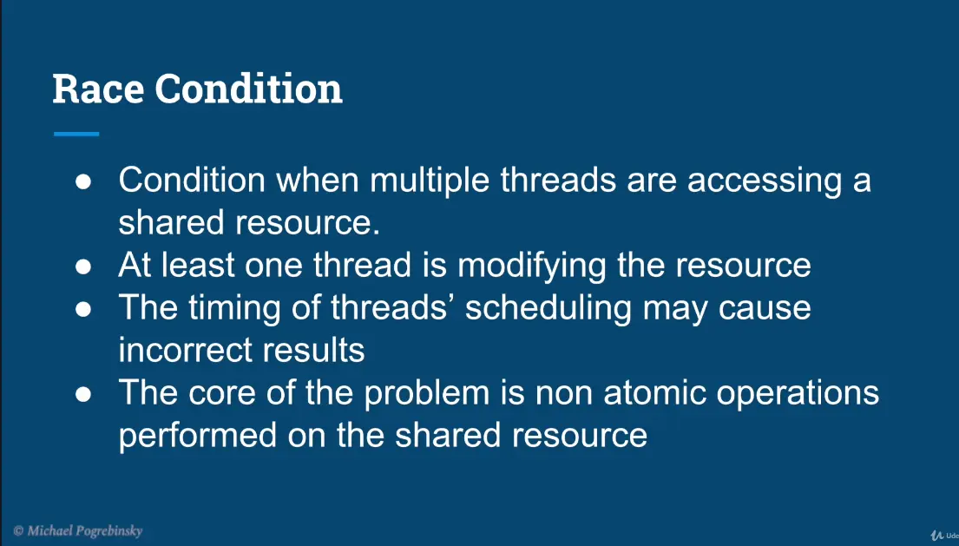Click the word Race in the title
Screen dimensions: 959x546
[x=98, y=89]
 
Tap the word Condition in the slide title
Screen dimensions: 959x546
[x=248, y=89]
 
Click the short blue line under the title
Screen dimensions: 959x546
[x=76, y=134]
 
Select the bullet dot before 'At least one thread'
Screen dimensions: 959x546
[x=83, y=266]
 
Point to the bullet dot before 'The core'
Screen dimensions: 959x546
[x=83, y=394]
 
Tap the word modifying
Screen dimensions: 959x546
[x=531, y=266]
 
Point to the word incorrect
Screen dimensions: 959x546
[x=186, y=351]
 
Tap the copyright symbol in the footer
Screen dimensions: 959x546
[x=18, y=530]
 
